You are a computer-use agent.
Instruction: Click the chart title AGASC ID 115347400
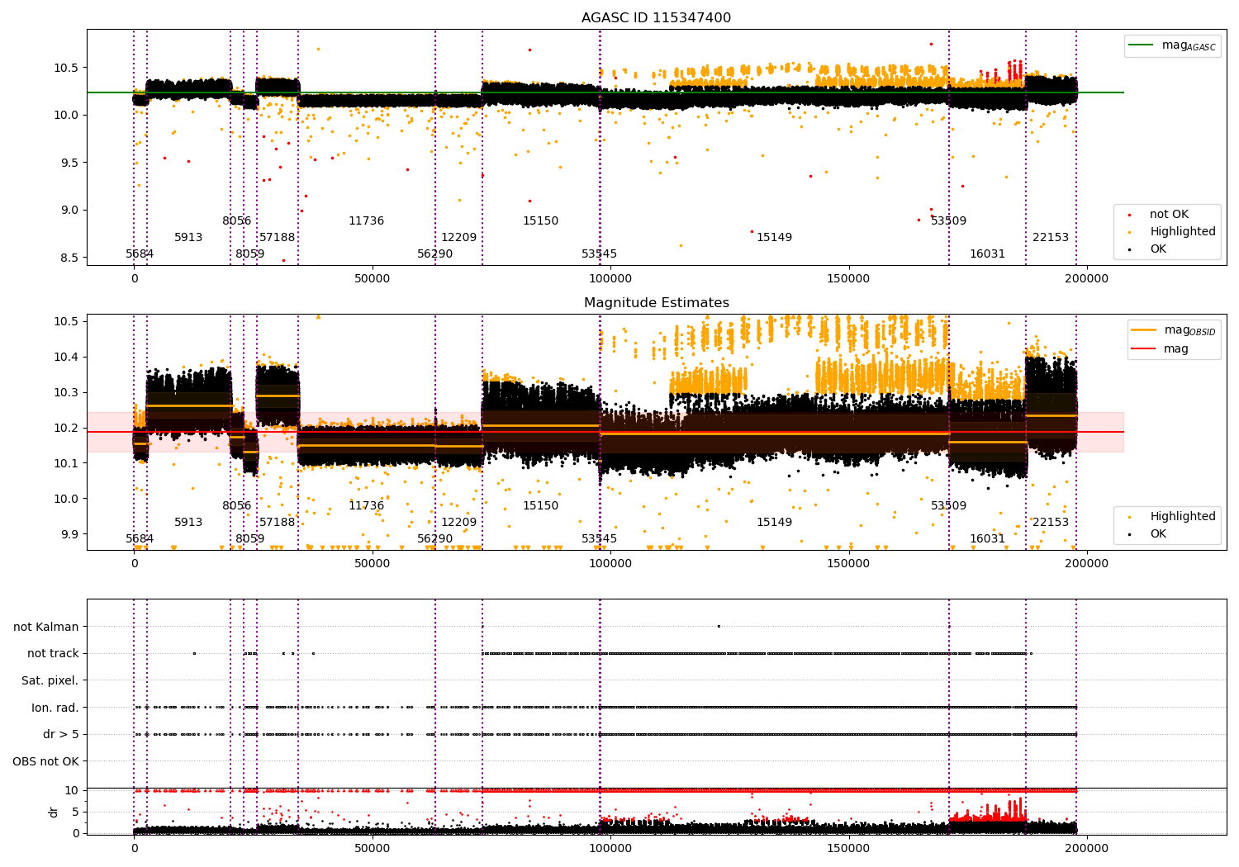click(656, 18)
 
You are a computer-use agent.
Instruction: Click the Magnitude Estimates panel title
click(656, 303)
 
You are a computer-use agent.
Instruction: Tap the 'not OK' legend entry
click(1168, 215)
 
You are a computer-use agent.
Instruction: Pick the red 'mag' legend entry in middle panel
click(1175, 349)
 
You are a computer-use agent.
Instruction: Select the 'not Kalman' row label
click(46, 628)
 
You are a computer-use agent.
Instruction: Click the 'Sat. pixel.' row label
click(50, 681)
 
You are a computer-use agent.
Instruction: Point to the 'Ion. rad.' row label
click(55, 708)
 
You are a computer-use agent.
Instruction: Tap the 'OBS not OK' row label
click(45, 761)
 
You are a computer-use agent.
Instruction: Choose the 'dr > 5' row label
click(60, 735)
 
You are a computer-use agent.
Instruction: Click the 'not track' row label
click(53, 654)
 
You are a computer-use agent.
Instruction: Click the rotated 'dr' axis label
click(54, 812)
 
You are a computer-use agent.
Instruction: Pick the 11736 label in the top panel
click(366, 221)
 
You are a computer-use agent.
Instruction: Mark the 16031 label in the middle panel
click(987, 539)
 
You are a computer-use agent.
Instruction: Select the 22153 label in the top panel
click(1050, 238)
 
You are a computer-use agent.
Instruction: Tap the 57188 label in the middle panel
click(277, 523)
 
